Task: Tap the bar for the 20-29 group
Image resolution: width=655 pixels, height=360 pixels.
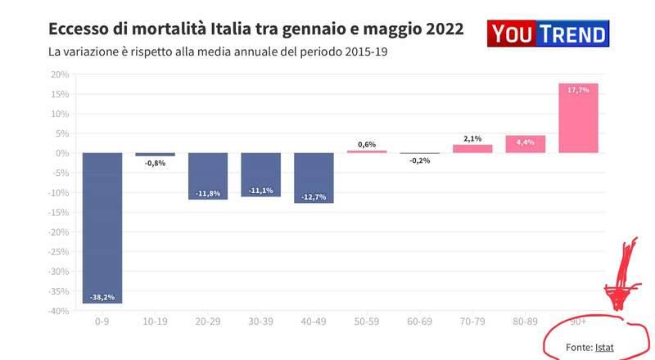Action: click(x=208, y=176)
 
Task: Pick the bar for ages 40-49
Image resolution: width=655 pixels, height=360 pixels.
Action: click(x=314, y=178)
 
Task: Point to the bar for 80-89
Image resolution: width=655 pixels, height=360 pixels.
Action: click(x=525, y=144)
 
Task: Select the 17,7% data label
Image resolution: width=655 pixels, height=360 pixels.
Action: click(x=578, y=90)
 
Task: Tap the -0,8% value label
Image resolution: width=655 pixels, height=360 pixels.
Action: click(x=155, y=164)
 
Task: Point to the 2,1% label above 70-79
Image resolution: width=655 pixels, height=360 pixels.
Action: click(x=472, y=138)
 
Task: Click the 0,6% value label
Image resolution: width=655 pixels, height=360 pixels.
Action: click(x=367, y=144)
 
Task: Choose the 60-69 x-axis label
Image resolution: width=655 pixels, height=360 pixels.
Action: click(x=419, y=323)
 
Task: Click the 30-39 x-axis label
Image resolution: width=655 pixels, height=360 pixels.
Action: click(x=260, y=323)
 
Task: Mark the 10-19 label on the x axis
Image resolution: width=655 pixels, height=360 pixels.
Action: click(x=155, y=323)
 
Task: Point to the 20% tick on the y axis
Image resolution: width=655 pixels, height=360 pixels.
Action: click(x=59, y=74)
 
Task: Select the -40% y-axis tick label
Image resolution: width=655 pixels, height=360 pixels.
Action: click(x=57, y=311)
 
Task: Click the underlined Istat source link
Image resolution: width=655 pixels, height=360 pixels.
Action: click(x=604, y=348)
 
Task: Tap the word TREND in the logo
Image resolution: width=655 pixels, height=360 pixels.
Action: click(x=570, y=34)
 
